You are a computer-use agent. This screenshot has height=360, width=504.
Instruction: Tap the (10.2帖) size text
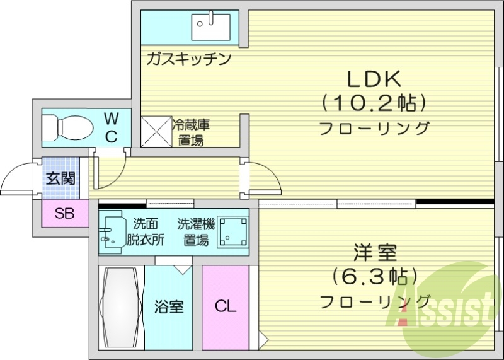374,102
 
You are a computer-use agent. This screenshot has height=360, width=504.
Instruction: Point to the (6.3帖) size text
374,276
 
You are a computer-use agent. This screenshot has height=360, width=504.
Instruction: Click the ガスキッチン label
188,59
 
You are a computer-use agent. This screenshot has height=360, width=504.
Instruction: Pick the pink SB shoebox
64,214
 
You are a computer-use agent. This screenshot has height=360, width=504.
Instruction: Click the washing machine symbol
232,233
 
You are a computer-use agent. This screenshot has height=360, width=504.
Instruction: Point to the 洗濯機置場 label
196,231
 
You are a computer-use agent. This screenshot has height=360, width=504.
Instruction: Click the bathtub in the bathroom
122,307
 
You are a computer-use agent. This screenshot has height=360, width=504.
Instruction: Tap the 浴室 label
169,308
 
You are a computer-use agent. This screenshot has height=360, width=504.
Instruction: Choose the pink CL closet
225,307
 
